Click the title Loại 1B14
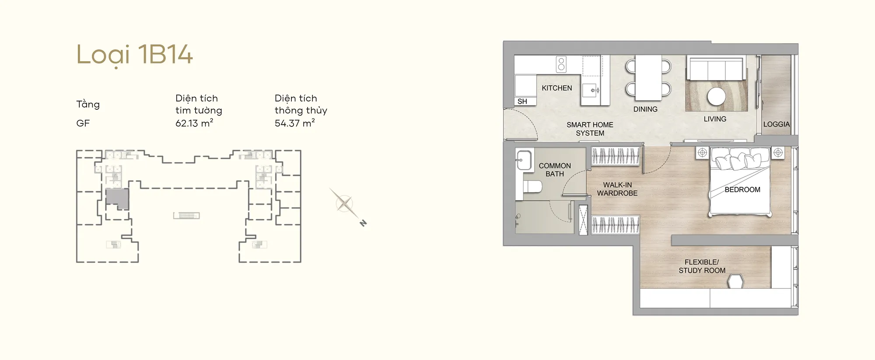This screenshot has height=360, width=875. (134, 55)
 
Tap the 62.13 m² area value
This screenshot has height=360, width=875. (194, 123)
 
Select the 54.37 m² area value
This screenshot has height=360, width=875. (294, 123)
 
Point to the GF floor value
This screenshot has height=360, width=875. (83, 123)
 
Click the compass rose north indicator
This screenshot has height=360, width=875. (363, 223)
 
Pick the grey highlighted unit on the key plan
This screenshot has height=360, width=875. (117, 198)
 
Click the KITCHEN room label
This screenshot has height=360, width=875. (556, 88)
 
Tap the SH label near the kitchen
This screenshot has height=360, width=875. (522, 101)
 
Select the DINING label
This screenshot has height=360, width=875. (645, 109)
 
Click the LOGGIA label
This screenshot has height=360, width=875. (777, 124)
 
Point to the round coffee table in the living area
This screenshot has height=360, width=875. (717, 96)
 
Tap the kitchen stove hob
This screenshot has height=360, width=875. (561, 64)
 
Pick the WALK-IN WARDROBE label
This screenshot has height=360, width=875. (617, 189)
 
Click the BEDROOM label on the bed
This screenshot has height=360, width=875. (742, 190)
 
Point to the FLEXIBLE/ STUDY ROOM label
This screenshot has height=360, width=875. (702, 266)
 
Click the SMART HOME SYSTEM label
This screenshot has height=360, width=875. (590, 129)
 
